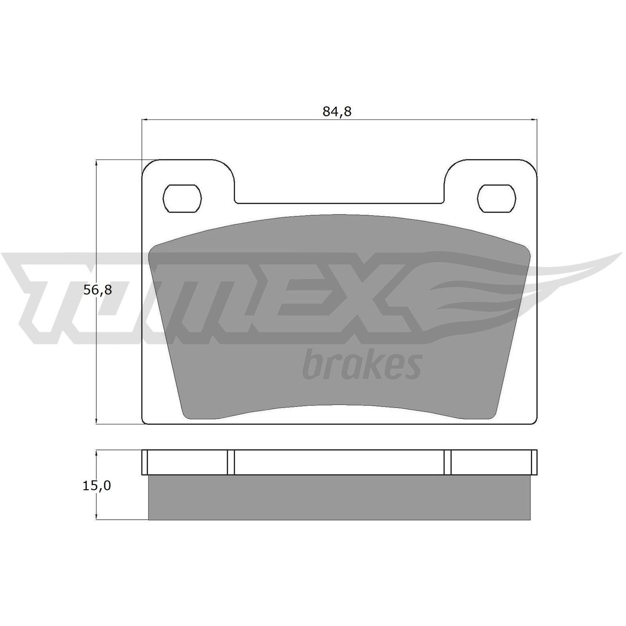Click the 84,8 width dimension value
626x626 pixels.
pos(337,111)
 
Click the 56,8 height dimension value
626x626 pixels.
pos(97,290)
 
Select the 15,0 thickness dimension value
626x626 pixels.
pos(97,486)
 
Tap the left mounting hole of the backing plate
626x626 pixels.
pos(182,198)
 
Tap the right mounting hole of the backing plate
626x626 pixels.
pos(496,198)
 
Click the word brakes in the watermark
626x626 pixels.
pos(362,363)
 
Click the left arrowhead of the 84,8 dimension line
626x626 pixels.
pos(145,120)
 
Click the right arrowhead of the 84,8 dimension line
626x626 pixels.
pos(534,120)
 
